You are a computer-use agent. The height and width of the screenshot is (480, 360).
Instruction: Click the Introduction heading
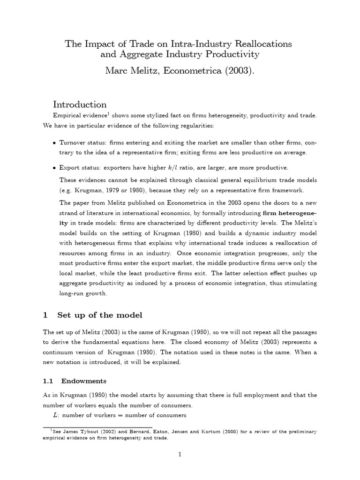(80, 104)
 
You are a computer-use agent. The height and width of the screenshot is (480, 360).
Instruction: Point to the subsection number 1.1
(48, 381)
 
